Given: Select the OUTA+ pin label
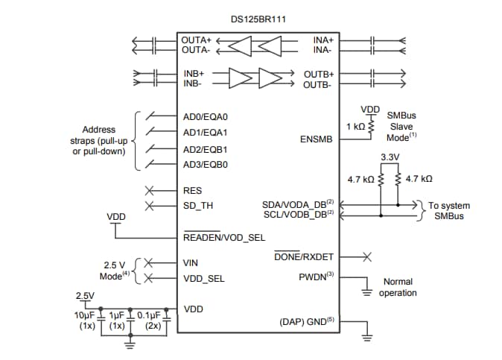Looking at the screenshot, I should tap(197, 39).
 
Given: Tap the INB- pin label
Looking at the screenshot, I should tap(194, 83).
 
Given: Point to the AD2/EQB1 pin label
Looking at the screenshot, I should tap(205, 149).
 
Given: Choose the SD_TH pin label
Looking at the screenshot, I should tap(197, 206).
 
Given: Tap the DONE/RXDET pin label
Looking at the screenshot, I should tap(305, 256).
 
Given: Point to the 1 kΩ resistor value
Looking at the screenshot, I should tap(355, 127).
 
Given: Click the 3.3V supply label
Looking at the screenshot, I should tap(390, 158).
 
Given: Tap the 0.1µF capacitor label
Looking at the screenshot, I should tap(152, 315).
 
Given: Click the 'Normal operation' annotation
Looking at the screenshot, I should tap(398, 287).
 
